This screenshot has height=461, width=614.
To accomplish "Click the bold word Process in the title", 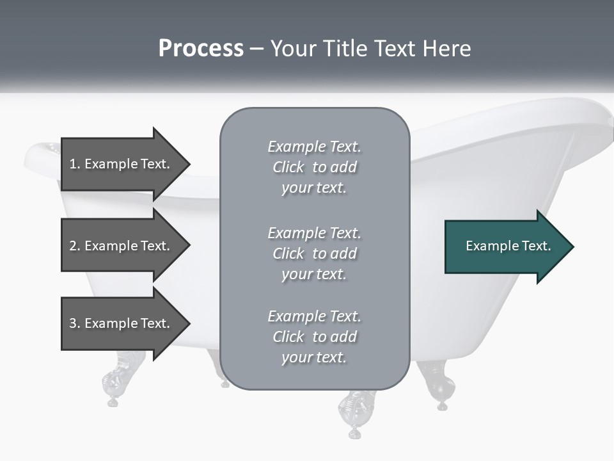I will (x=201, y=49).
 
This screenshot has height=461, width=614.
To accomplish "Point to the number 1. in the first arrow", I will (x=75, y=164).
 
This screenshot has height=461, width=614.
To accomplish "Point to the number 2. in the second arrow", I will (x=75, y=246).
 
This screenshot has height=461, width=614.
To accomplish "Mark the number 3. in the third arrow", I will (x=75, y=323).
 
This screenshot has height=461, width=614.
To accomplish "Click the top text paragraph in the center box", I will (x=314, y=167).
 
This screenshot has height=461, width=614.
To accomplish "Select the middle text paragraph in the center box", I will (x=314, y=254).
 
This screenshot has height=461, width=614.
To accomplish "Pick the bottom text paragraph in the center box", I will (x=314, y=337).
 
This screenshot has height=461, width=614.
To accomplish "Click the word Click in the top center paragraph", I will (x=288, y=167).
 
